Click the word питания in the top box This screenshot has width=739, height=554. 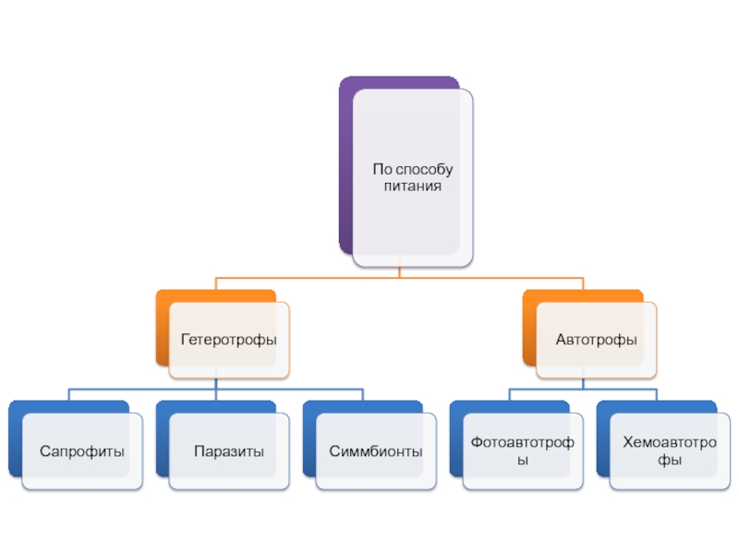413,187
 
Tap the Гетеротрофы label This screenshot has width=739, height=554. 229,341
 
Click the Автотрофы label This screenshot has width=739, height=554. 596,341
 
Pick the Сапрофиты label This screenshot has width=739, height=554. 82,452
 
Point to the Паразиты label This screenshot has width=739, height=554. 229,452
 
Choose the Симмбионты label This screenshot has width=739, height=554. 376,452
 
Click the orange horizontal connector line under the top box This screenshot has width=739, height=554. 305,277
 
